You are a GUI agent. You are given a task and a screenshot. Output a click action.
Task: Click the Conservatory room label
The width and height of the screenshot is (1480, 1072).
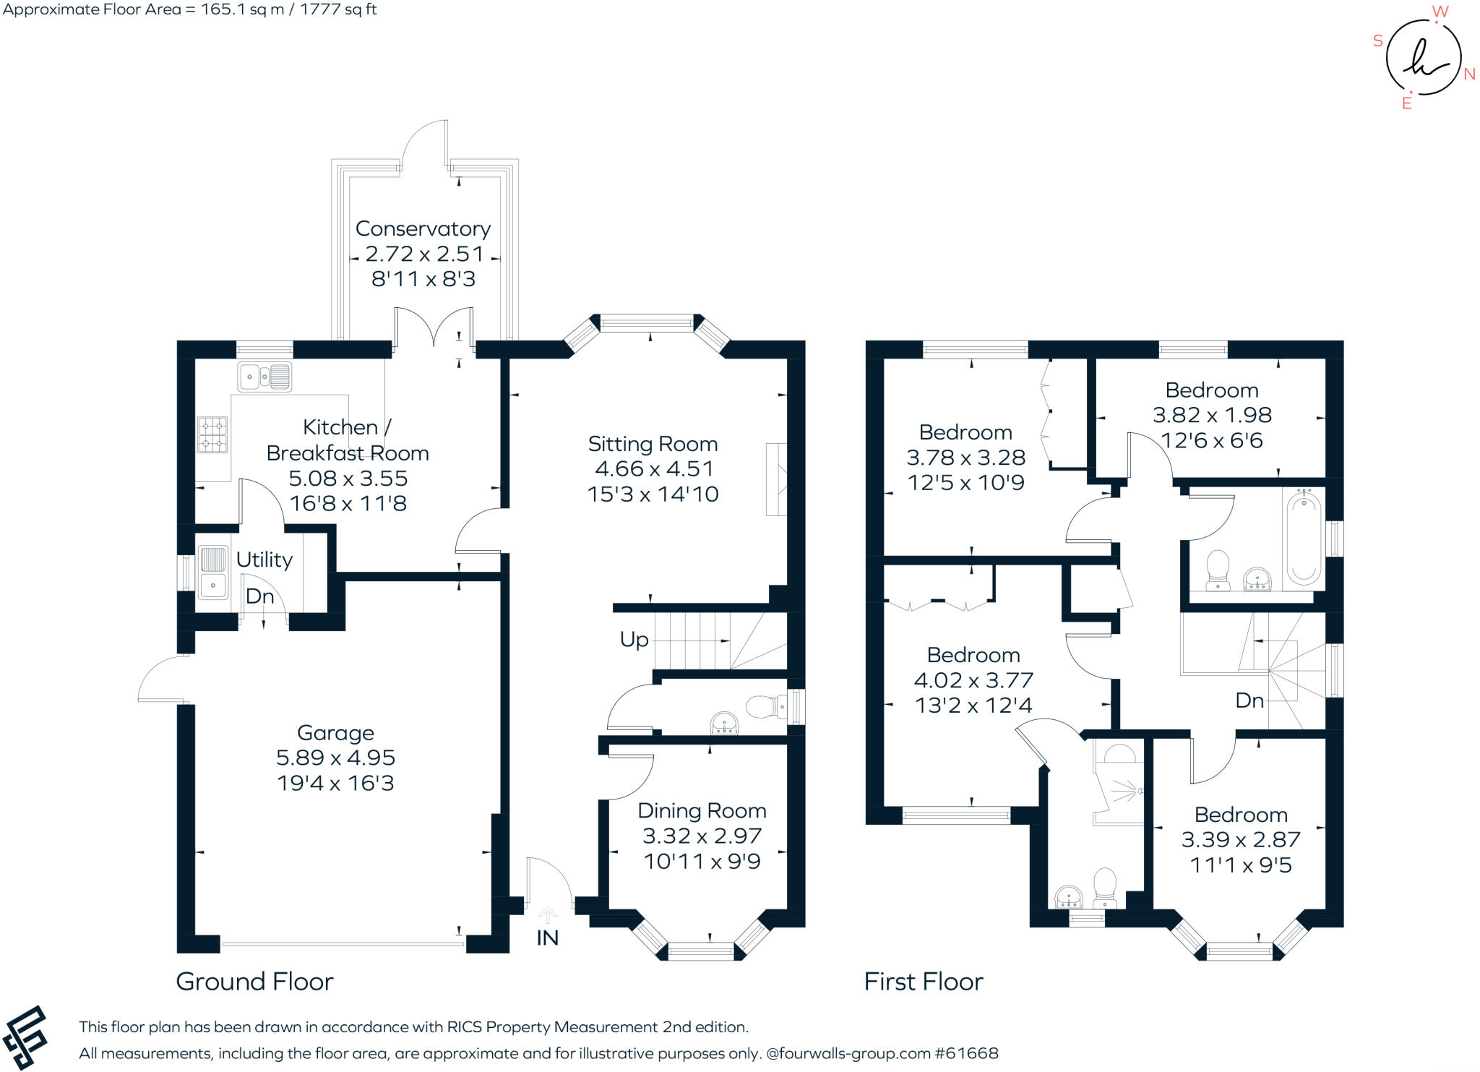click(423, 228)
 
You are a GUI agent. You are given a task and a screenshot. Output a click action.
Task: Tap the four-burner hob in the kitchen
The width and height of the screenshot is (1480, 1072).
click(212, 434)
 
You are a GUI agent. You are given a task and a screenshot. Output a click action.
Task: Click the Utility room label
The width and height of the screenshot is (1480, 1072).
click(264, 559)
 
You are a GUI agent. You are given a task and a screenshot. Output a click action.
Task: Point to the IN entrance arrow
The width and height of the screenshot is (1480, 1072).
click(548, 917)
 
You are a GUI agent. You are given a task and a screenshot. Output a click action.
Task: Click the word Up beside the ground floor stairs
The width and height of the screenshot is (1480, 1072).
click(634, 640)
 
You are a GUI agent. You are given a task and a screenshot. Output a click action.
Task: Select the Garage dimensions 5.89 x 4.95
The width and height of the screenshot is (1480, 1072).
click(335, 758)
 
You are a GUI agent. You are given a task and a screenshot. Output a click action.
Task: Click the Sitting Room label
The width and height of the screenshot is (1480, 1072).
click(653, 443)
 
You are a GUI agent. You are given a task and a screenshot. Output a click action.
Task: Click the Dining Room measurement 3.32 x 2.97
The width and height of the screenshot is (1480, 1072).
click(702, 836)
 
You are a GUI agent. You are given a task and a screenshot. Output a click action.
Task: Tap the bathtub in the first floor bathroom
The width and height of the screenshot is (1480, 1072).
click(1304, 536)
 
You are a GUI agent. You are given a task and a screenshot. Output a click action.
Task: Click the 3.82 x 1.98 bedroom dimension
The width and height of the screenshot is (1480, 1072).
click(1212, 415)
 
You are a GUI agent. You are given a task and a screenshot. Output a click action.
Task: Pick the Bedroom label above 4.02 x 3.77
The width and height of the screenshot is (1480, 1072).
click(973, 655)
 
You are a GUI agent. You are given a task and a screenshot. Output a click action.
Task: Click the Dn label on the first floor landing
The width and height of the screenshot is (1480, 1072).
click(1249, 700)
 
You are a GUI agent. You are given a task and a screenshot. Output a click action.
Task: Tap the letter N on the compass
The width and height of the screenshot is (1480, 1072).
click(1469, 74)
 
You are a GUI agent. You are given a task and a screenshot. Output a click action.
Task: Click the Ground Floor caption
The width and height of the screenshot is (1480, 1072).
click(254, 982)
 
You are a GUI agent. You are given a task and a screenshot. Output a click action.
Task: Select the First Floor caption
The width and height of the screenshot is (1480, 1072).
click(924, 982)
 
